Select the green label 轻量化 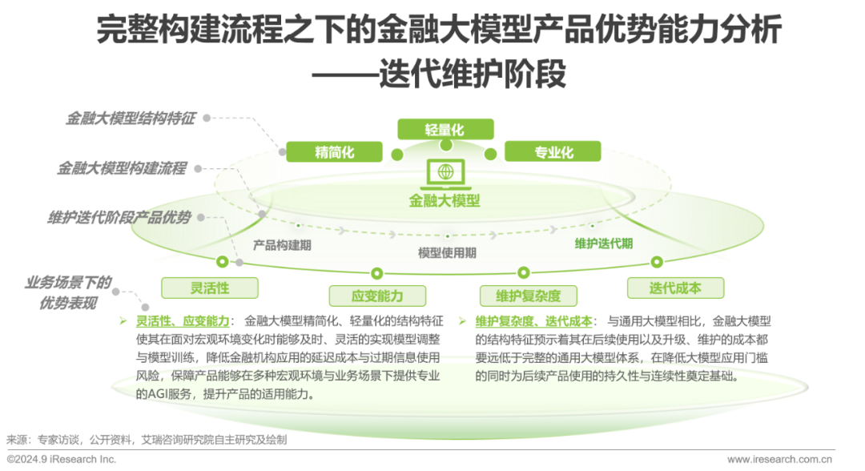click(x=445, y=128)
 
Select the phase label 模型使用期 click(x=447, y=252)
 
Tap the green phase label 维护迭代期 click(x=603, y=244)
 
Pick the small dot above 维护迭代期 click(x=593, y=226)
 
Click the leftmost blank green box click(x=210, y=288)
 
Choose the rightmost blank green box click(x=675, y=288)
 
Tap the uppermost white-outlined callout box click(x=131, y=117)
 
